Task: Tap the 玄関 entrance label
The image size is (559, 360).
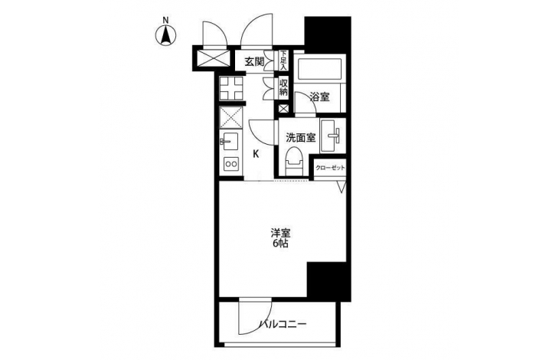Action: tap(254, 62)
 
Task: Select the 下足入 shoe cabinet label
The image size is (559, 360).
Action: tap(283, 61)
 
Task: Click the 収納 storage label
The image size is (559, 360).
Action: tap(283, 87)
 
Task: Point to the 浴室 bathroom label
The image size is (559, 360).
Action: tap(320, 97)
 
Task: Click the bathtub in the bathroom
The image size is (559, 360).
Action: tap(319, 68)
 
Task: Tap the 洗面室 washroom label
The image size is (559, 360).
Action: tap(301, 138)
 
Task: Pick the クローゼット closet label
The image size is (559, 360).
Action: tap(330, 168)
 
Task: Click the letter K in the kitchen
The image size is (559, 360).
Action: tap(256, 154)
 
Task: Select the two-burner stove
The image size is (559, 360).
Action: tap(231, 164)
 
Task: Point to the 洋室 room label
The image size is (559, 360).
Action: tap(280, 234)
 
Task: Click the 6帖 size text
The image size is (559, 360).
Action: tap(280, 244)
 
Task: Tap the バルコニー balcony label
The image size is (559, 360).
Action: tap(283, 324)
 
